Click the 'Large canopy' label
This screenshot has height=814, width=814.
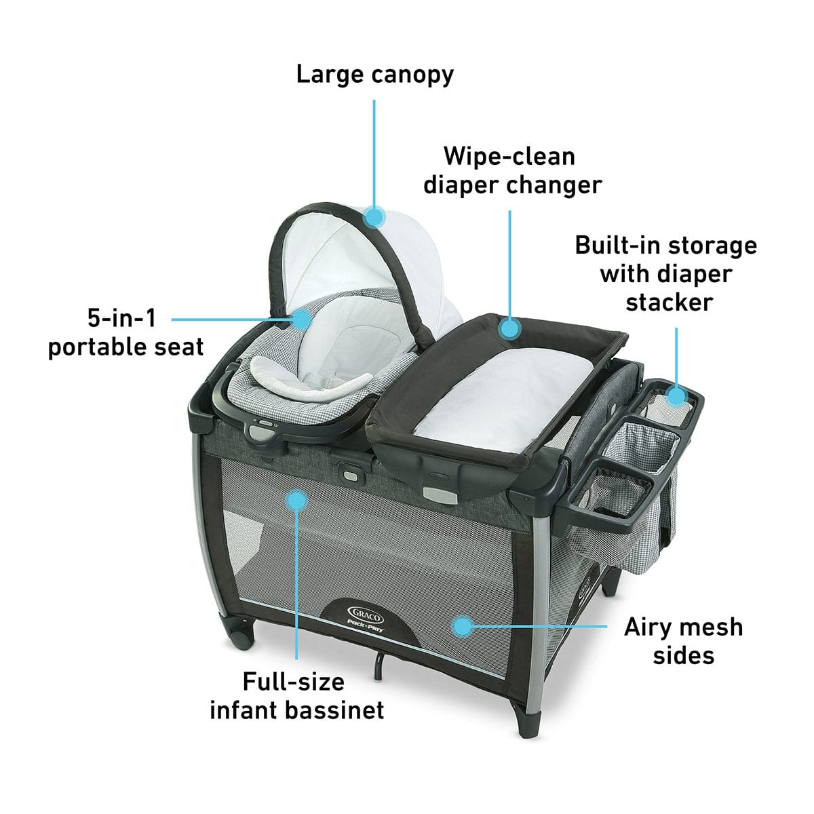point(374,75)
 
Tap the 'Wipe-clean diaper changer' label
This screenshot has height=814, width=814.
point(512,170)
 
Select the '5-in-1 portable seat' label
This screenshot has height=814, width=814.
point(126,332)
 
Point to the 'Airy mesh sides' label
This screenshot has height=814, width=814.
point(683,641)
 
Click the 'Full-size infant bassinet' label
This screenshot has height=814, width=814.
point(296,695)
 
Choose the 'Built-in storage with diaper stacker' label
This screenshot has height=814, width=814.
point(666,273)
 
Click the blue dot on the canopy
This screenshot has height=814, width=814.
point(374,217)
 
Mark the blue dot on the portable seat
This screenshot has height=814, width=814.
point(301,318)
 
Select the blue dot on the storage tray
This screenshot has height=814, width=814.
point(676,395)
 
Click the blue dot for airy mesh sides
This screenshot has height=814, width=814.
point(463,626)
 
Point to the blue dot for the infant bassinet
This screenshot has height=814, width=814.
point(296,501)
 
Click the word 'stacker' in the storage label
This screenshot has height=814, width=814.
point(669,302)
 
